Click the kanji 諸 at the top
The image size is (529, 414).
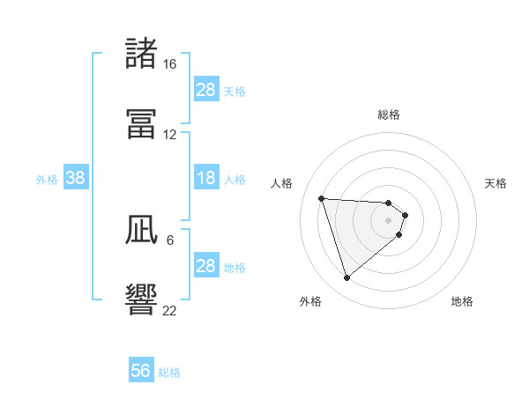[142, 54]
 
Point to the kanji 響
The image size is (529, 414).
[142, 299]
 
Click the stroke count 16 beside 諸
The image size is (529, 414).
[169, 64]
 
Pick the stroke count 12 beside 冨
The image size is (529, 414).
[169, 134]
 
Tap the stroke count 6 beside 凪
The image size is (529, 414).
[169, 240]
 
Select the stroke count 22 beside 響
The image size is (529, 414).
[169, 310]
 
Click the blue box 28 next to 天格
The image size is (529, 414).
[206, 90]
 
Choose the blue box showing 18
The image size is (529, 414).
[206, 179]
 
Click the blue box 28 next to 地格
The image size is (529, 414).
[206, 266]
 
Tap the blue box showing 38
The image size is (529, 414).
[76, 179]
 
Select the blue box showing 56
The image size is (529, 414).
[141, 371]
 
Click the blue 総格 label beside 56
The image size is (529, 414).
[169, 373]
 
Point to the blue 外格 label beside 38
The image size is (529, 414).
[47, 180]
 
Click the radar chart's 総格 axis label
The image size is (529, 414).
[389, 115]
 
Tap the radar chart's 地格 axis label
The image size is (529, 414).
[462, 301]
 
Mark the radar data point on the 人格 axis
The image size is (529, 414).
[322, 198]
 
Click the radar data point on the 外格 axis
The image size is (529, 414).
[346, 278]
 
